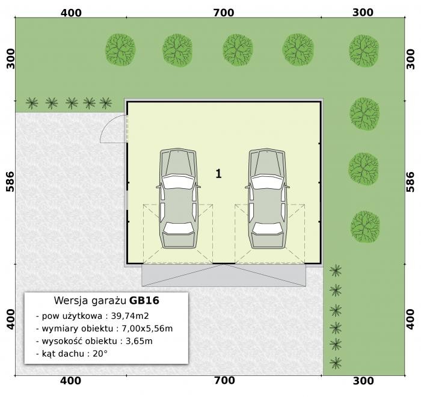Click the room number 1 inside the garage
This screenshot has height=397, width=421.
coord(218,174)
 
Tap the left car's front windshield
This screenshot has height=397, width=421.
coord(178,182)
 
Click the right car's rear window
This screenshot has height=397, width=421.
coord(268,228)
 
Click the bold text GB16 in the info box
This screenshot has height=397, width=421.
coord(144,300)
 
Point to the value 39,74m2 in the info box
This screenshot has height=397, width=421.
coord(130,316)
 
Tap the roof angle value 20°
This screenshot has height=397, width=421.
coord(100,354)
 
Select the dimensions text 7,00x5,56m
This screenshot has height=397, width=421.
coord(147,328)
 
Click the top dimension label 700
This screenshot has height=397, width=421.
coord(224,13)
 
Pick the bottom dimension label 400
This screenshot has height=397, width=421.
coord(70,381)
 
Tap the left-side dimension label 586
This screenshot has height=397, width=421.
coord(10,182)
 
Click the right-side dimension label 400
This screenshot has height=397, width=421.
coord(410,319)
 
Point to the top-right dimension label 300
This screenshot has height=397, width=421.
coord(363,13)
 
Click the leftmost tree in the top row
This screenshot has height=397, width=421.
coord(120,50)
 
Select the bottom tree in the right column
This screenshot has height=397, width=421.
coord(365,227)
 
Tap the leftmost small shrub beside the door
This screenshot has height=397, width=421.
coord(32,103)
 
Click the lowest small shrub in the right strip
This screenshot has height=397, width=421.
coord(336,363)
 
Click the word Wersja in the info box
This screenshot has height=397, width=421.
coord(71,301)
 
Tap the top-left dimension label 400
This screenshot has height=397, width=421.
coord(71,13)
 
